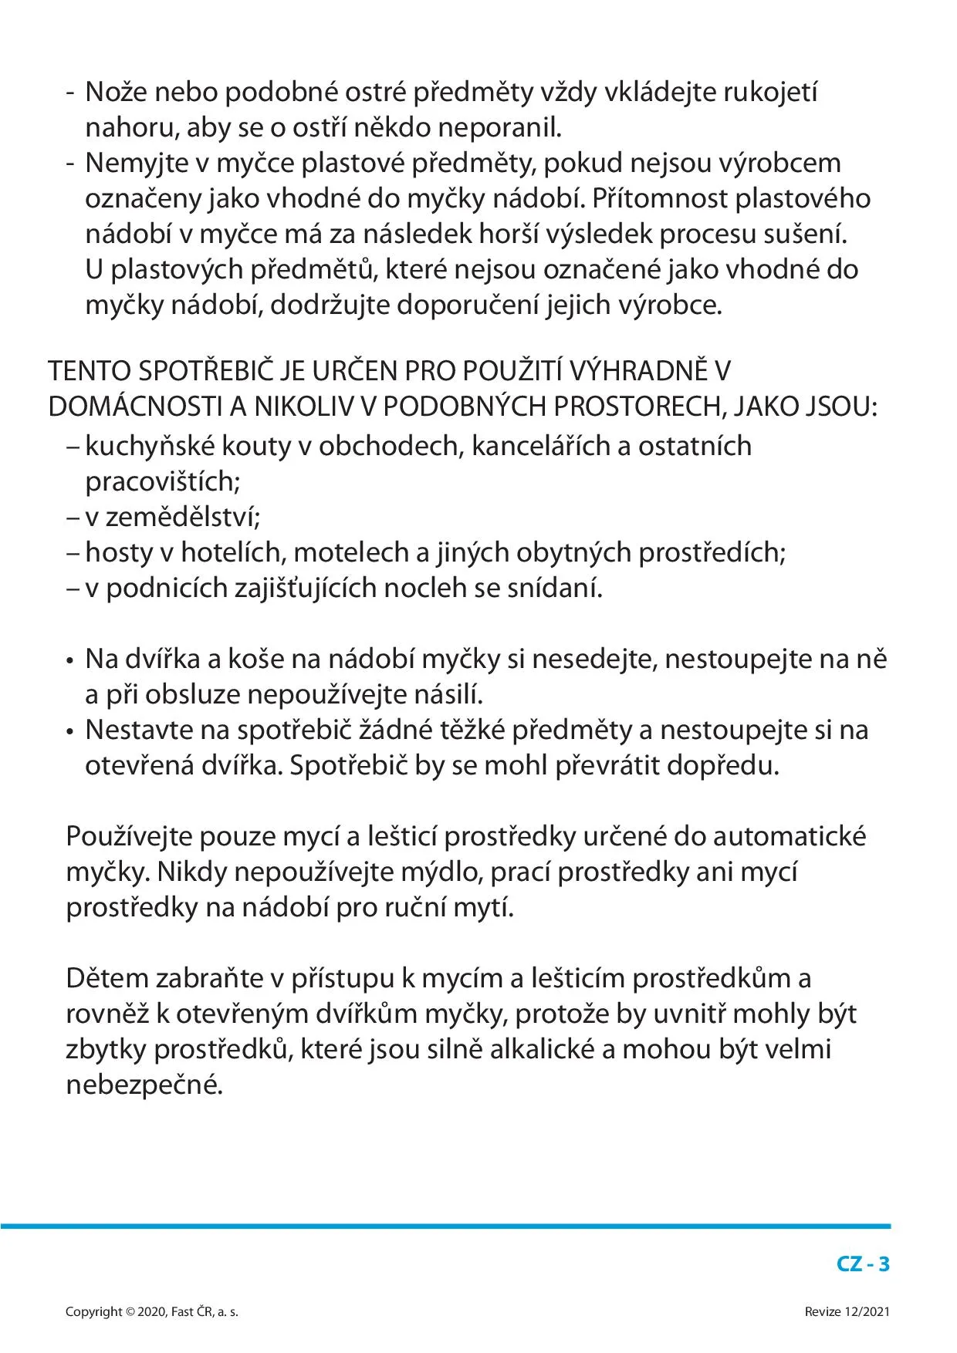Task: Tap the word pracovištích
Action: tap(163, 482)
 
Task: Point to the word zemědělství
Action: tap(183, 518)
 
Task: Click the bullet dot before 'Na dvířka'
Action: tap(70, 662)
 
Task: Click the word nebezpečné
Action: tap(144, 1085)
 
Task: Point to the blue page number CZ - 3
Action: tap(863, 1264)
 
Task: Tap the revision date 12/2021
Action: tap(867, 1312)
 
